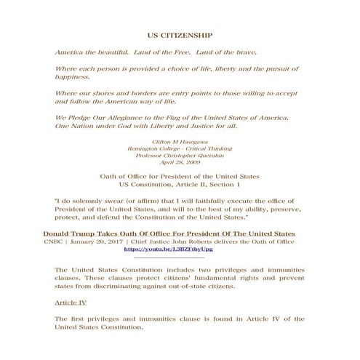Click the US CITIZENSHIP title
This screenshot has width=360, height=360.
[180, 34]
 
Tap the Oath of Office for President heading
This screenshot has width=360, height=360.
[180, 177]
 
